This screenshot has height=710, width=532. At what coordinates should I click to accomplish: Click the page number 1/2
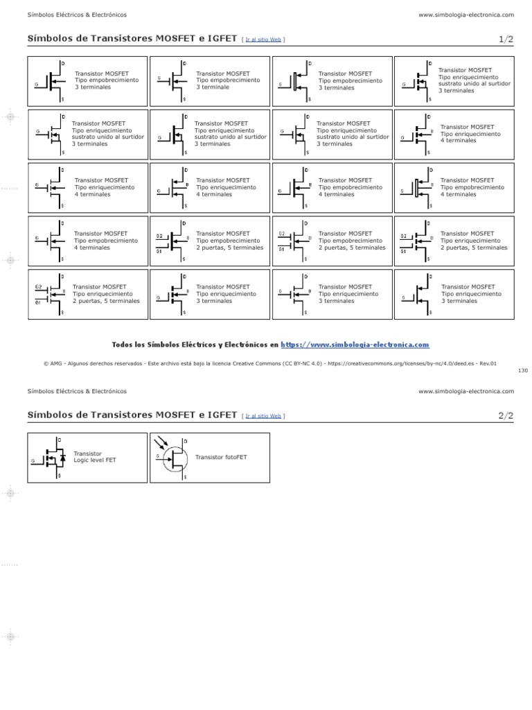coord(505,40)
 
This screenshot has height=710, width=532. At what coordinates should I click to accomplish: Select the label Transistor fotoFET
coord(221,458)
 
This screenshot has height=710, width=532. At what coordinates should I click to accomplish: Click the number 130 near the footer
coord(522,371)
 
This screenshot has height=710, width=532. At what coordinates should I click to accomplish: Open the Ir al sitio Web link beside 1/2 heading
coord(263,40)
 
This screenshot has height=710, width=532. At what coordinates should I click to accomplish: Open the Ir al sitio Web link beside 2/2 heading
coord(263,416)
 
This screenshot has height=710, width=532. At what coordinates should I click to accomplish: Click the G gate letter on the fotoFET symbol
coord(158,456)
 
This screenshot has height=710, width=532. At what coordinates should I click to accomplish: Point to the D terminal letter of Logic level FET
coord(59,440)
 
